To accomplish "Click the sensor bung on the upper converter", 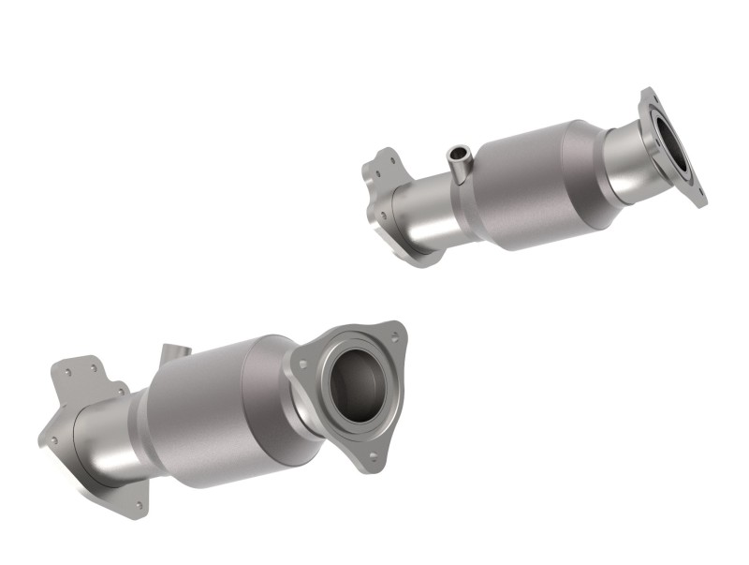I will point(459,164).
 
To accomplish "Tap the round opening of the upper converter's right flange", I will point(675,145).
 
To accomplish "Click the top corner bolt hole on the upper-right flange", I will point(650,97).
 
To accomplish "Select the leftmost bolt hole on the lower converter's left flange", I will point(54,439).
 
